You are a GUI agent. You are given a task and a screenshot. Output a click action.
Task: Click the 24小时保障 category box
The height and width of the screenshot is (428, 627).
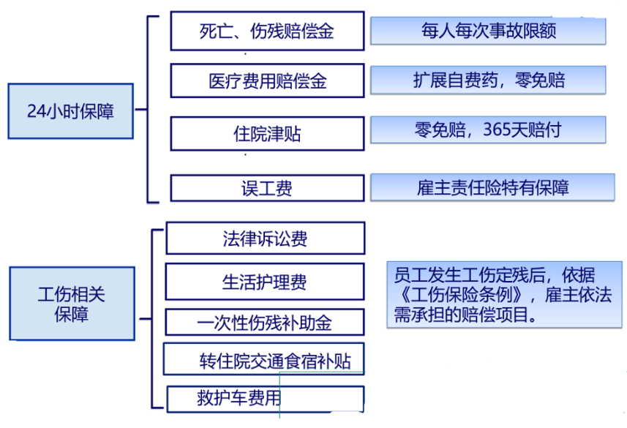[71, 111]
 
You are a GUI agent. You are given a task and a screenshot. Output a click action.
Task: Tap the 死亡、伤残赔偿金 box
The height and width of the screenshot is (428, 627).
[267, 31]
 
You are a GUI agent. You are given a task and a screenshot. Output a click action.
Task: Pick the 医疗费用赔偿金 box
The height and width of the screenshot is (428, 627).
[267, 80]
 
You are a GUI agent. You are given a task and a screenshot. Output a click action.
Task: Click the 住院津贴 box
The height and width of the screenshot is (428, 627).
[267, 134]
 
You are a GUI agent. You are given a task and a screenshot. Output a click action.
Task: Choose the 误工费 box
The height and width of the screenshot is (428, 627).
[267, 188]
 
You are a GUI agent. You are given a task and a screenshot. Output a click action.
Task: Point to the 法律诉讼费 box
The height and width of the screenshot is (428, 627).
[265, 239]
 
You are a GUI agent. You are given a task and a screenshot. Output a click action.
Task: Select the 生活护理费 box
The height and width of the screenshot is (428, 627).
[265, 282]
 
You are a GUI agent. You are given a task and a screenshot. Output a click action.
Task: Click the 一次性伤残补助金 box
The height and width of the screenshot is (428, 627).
[265, 322]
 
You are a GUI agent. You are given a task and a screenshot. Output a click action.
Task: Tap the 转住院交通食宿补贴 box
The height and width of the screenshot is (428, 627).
[265, 360]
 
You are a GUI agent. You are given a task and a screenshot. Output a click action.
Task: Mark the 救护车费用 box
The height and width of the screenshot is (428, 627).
[265, 399]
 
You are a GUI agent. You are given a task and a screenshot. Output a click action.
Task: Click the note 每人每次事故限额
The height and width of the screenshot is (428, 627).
[488, 31]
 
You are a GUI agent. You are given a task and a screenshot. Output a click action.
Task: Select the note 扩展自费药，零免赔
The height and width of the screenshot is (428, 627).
[488, 80]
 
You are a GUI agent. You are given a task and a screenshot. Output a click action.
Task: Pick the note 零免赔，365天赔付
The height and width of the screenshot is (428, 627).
[488, 130]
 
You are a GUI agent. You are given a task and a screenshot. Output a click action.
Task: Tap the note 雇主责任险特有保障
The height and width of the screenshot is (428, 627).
[488, 187]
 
